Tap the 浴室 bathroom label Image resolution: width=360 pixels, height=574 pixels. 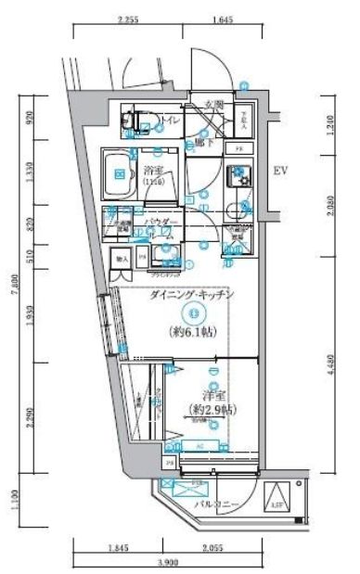click(x=153, y=170)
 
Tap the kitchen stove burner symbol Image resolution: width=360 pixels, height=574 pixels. click(x=238, y=173)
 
